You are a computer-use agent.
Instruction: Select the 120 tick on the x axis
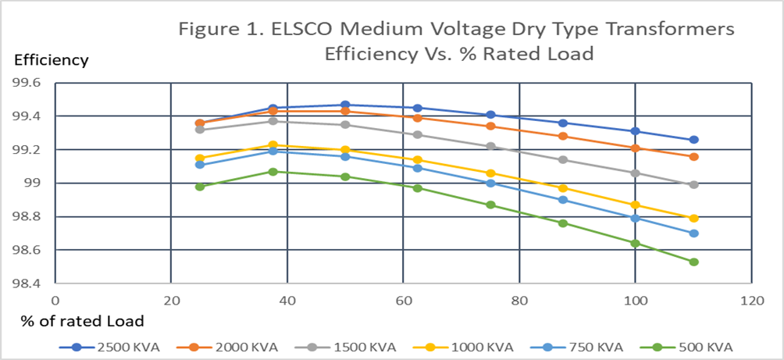coord(751,300)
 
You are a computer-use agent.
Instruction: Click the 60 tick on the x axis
coord(403,300)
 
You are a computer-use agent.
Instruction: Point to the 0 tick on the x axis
coord(55,300)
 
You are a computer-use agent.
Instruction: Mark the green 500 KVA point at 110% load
coord(693,262)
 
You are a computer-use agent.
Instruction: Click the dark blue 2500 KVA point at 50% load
coord(345,105)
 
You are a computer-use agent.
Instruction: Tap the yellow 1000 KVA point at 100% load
coord(635,205)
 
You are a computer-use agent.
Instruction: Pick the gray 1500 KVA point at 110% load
coord(693,185)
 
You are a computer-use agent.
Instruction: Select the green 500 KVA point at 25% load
coord(200,187)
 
